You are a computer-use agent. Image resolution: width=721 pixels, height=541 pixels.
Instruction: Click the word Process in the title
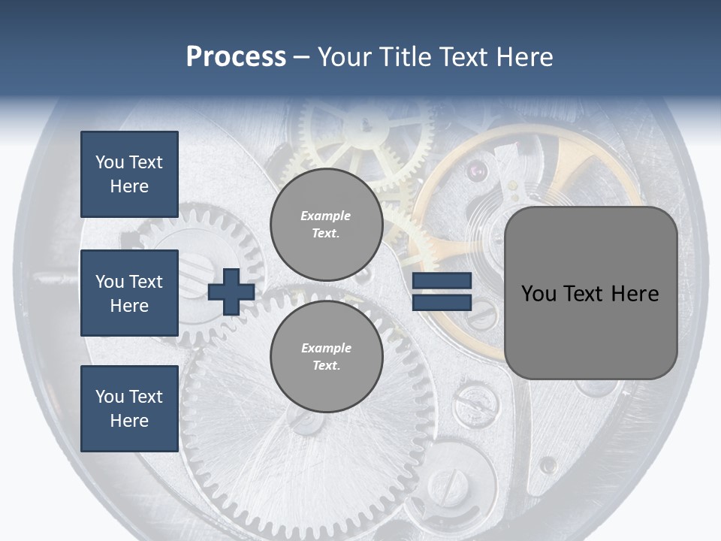click(x=236, y=57)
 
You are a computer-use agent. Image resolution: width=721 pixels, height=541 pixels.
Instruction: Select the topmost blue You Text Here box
click(x=129, y=174)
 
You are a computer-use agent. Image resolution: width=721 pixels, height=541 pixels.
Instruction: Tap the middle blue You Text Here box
click(x=129, y=293)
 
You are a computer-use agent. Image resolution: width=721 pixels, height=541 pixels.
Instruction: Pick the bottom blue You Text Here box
click(x=129, y=408)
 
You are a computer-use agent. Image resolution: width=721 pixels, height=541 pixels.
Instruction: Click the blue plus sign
click(x=231, y=292)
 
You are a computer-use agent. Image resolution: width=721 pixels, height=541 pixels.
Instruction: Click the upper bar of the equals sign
click(x=442, y=281)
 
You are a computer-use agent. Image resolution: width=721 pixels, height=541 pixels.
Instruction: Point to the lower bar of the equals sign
click(x=442, y=302)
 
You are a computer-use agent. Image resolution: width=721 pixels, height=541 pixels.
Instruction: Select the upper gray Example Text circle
click(x=326, y=224)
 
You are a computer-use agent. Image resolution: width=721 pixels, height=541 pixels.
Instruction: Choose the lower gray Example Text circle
click(x=326, y=356)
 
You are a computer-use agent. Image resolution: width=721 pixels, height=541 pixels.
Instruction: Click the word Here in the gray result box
click(x=635, y=294)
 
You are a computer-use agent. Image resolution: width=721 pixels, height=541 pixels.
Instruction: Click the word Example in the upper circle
click(x=326, y=216)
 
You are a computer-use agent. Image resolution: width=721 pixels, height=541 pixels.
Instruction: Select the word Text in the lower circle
click(x=326, y=366)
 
